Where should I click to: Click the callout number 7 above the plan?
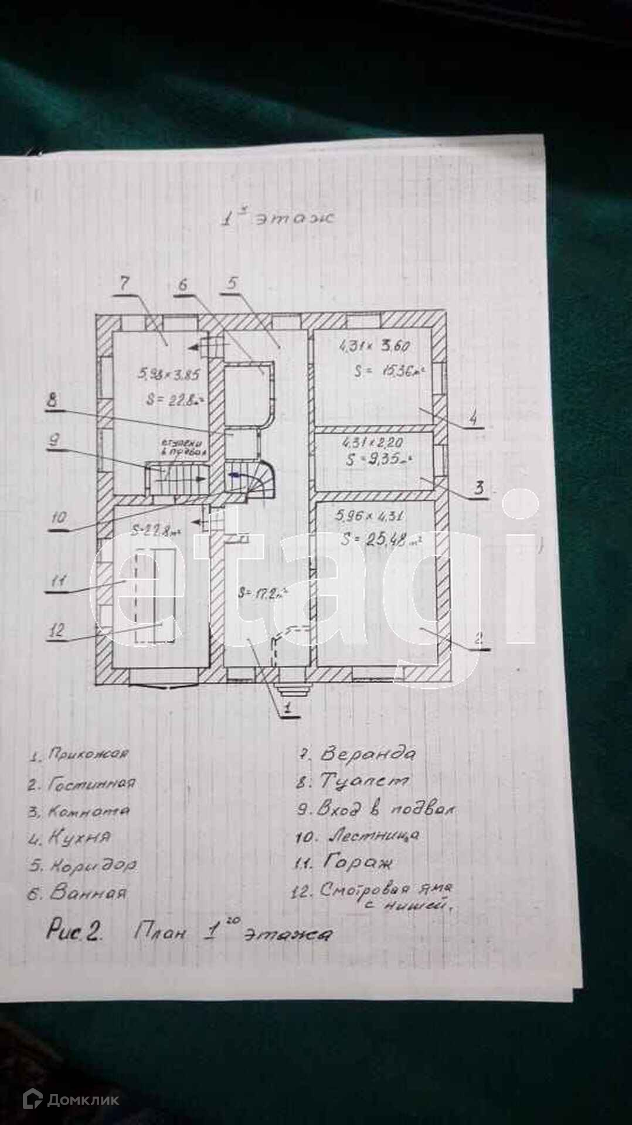click(x=124, y=284)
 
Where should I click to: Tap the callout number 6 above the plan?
click(x=183, y=285)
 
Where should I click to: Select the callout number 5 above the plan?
click(x=232, y=284)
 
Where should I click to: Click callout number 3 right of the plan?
click(x=479, y=487)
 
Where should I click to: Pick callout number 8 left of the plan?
click(x=52, y=401)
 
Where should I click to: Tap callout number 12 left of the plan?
click(x=57, y=631)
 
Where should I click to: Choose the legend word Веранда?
click(x=368, y=754)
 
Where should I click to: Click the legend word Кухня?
click(x=79, y=837)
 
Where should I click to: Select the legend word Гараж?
click(x=358, y=862)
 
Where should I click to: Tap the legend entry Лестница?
click(x=373, y=834)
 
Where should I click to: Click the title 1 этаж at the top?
click(x=277, y=219)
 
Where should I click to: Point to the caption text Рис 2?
click(x=74, y=931)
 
